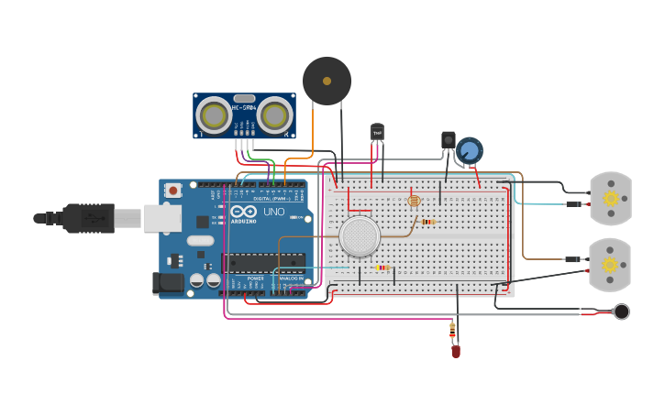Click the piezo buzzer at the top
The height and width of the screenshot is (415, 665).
click(327, 81)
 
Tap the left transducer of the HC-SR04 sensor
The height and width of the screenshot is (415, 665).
click(214, 115)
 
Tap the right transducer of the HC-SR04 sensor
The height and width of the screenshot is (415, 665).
click(274, 115)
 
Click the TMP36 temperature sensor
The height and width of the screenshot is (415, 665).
click(377, 133)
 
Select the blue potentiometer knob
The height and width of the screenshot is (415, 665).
click(470, 150)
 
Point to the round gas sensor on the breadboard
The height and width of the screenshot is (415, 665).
click(359, 236)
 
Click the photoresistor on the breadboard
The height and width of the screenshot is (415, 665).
click(413, 201)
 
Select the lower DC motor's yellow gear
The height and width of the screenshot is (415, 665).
click(609, 265)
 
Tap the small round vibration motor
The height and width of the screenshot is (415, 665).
click(621, 311)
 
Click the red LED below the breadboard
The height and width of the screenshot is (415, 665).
click(455, 350)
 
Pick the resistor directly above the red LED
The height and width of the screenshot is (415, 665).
click(452, 329)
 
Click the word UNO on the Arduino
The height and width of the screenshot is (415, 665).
click(273, 212)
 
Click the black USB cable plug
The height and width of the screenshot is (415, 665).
click(86, 218)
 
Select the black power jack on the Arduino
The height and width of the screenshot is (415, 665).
click(168, 283)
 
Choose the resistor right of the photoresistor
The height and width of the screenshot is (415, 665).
click(427, 221)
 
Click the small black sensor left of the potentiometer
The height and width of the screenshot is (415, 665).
click(448, 139)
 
